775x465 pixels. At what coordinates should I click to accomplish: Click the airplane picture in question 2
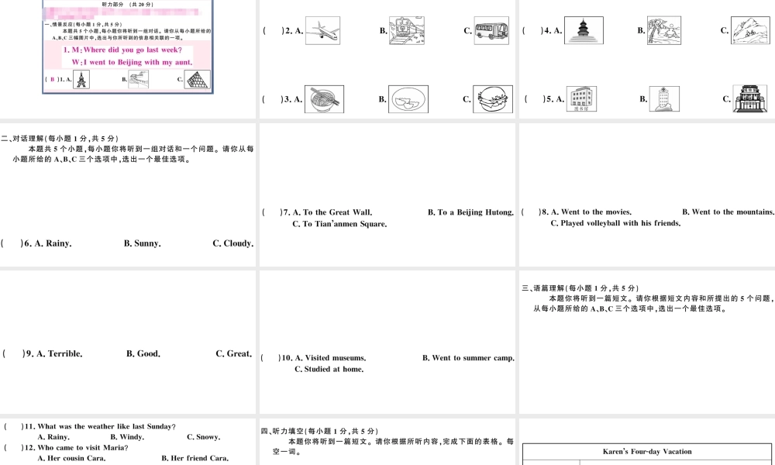coord(323,31)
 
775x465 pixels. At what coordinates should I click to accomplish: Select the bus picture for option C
coord(491,31)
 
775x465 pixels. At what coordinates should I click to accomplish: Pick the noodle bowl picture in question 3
coord(324,99)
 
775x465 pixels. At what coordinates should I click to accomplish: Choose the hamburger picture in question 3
coord(491,99)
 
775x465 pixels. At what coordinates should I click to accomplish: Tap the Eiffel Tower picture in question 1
coord(81,79)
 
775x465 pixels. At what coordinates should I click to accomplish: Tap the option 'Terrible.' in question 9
coord(65,354)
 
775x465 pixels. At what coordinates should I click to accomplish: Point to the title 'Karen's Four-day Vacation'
coord(647,451)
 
